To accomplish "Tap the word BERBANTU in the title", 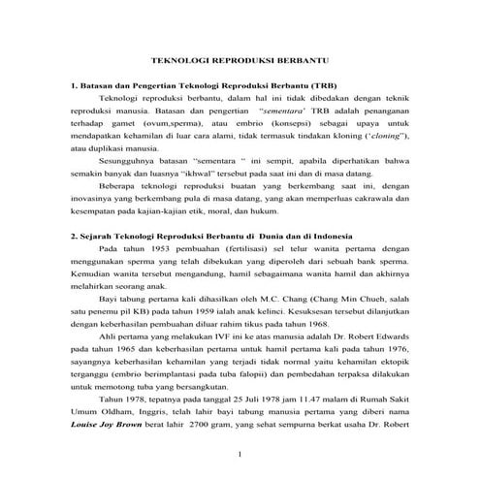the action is [x=309, y=58].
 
